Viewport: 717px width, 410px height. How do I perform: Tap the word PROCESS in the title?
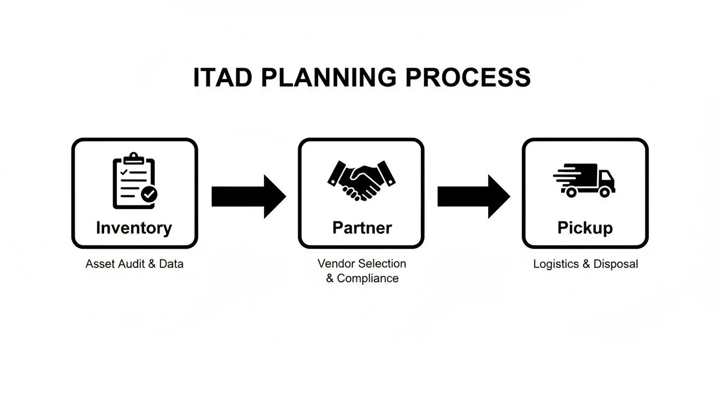coord(468,77)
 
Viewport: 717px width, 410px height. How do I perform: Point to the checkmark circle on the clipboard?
coord(149,194)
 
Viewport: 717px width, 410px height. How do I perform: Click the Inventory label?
coord(134,228)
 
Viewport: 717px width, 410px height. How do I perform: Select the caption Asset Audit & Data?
coord(134,264)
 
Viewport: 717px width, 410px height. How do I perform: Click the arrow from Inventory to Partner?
coord(249,196)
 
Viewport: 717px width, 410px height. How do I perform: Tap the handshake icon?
coord(361,180)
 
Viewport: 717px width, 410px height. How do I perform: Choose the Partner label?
coord(362,228)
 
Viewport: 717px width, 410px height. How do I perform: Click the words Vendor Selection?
coord(362,264)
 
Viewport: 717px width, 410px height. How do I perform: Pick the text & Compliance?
coord(362,278)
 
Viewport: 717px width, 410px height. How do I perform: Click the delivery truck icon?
coord(585,180)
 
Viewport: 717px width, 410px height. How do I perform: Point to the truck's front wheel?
coord(606,192)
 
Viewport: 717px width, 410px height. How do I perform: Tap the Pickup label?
coord(585,228)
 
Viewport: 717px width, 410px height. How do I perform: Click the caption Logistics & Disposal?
coord(585,264)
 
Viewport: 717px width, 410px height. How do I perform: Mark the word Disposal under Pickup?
coord(616,264)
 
